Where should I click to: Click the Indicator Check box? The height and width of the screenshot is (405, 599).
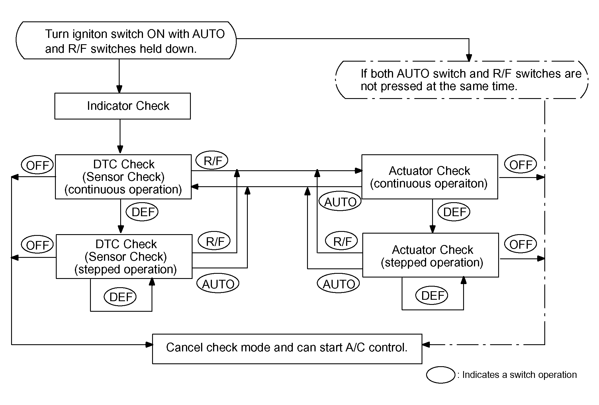[x=122, y=106]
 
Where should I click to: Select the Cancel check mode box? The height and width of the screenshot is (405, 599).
[x=287, y=349]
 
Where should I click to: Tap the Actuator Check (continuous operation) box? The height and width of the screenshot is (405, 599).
[x=430, y=177]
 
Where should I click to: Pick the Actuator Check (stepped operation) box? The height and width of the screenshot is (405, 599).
[x=430, y=255]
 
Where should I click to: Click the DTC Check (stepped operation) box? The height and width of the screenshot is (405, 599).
[x=124, y=256]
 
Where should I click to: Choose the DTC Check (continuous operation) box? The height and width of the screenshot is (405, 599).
[x=123, y=177]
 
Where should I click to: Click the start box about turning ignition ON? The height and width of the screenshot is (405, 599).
[x=126, y=40]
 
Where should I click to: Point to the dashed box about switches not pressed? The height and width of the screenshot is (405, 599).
[x=462, y=80]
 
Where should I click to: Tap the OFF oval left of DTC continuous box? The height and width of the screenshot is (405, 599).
[x=37, y=165]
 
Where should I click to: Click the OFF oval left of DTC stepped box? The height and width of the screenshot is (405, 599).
[x=37, y=245]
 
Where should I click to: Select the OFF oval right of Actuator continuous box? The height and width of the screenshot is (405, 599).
[x=520, y=165]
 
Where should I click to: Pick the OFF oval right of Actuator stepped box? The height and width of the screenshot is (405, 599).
[x=520, y=244]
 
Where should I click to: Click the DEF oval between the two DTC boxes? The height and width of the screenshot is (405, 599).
[x=142, y=212]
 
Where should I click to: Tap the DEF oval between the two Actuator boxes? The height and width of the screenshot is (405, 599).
[x=454, y=212]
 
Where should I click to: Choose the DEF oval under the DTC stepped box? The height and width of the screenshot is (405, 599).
[x=120, y=297]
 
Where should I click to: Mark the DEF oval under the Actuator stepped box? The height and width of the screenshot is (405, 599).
[x=432, y=295]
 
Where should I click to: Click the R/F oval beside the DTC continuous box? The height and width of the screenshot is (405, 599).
[x=212, y=161]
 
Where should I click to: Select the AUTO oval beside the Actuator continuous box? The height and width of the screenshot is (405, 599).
[x=340, y=202]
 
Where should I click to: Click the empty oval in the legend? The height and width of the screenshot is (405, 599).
[x=441, y=375]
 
